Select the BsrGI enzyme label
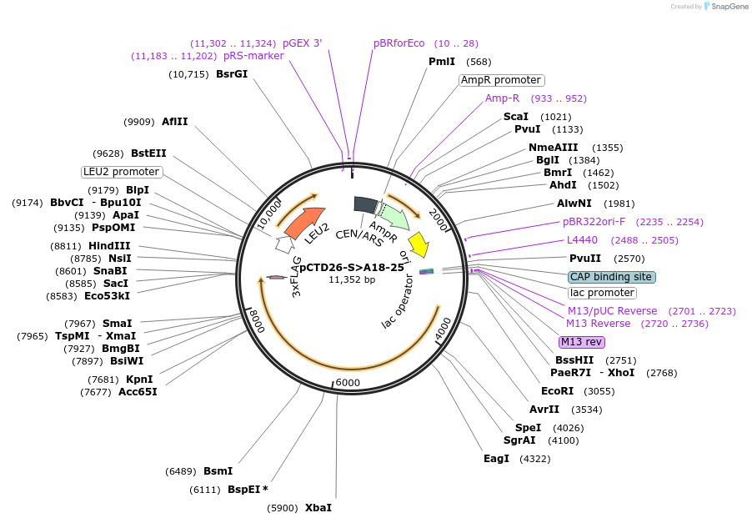(232, 74)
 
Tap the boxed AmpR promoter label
(501, 80)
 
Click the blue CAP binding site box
(611, 276)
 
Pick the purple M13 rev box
(582, 342)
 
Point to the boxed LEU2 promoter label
(122, 172)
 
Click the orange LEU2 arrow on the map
(304, 222)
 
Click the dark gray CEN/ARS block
(365, 204)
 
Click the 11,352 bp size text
(352, 279)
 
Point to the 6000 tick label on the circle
(347, 382)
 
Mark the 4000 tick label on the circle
(443, 329)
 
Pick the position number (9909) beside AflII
(139, 122)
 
